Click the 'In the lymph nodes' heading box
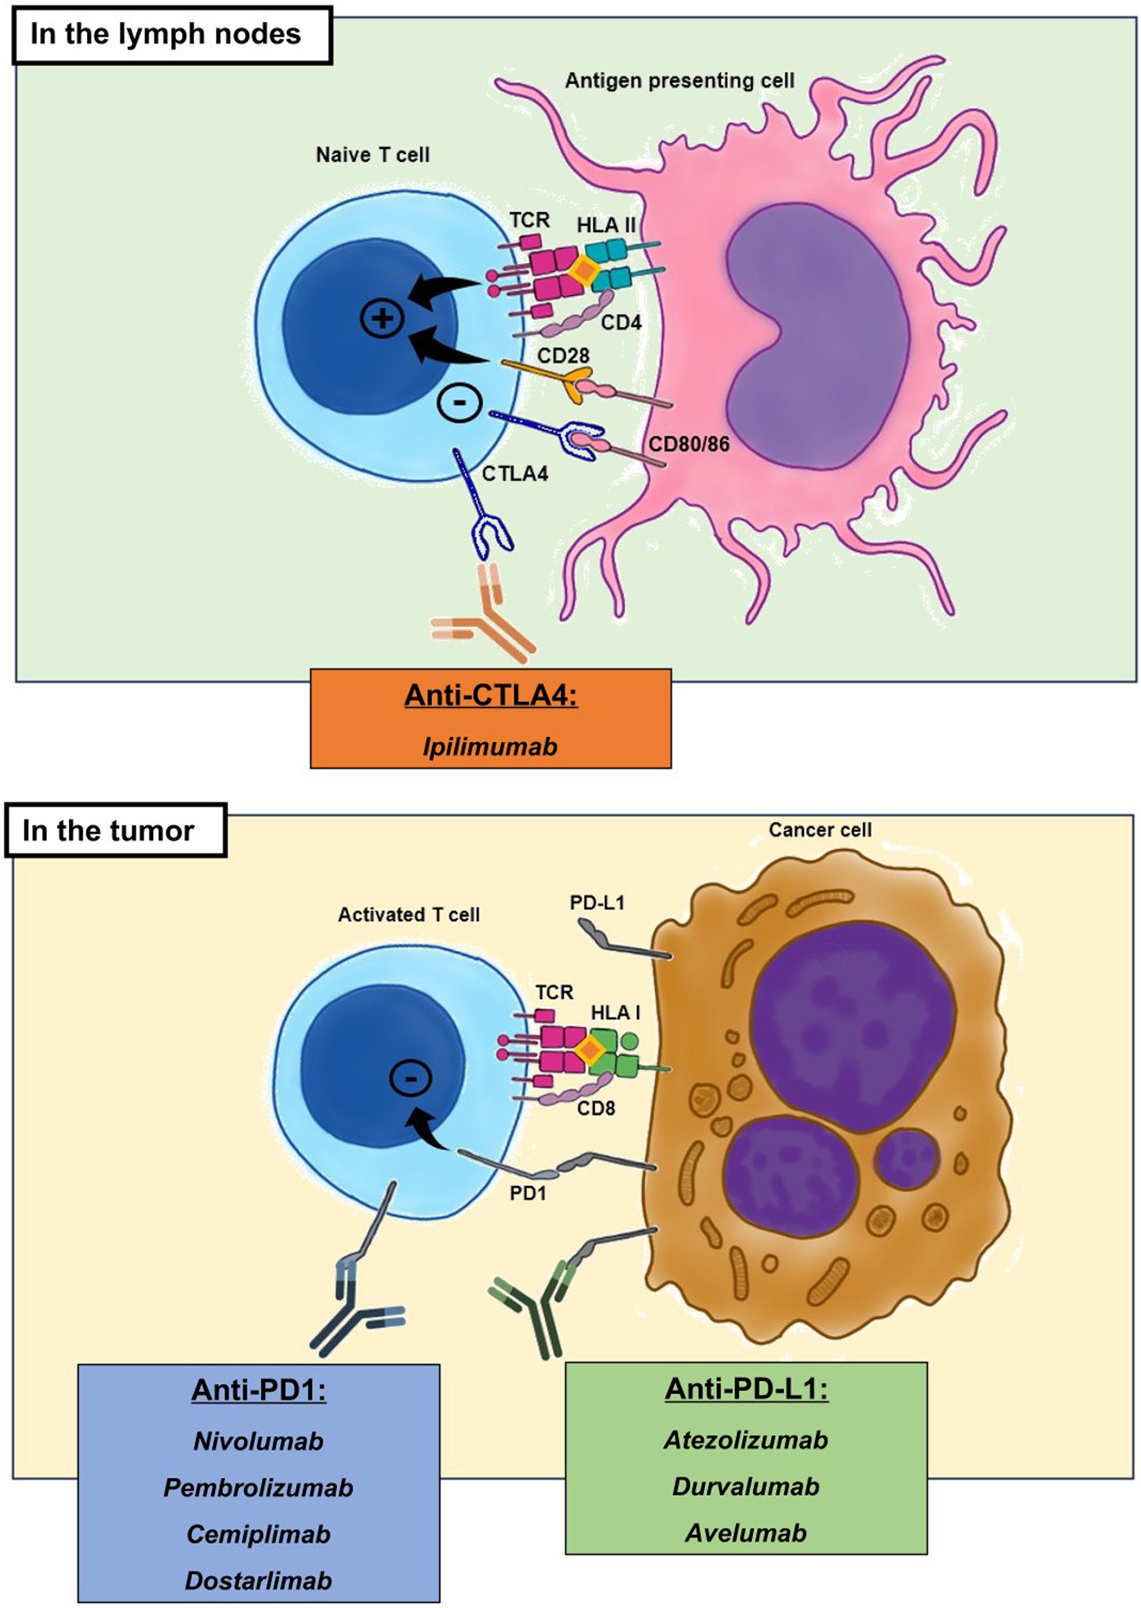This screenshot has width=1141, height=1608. coord(172,35)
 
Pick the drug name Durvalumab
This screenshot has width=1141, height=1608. coord(746,1487)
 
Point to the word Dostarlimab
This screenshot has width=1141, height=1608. coord(258,1581)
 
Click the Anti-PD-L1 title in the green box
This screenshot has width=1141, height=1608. coord(746,1389)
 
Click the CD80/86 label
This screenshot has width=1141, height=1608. coord(688,444)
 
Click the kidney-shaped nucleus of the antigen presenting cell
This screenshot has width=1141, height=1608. coord(815,337)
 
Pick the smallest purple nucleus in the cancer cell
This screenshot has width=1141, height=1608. coord(906,1160)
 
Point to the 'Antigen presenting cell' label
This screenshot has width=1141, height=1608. coord(679,81)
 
